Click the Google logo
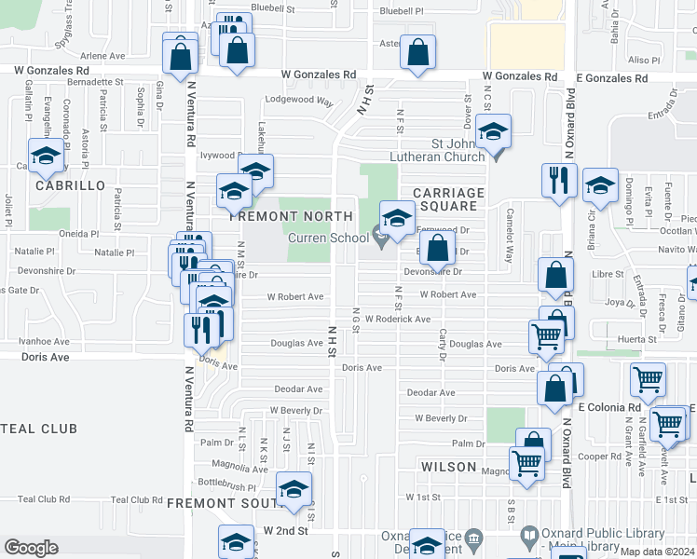point(31,548)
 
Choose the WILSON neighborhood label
point(448,466)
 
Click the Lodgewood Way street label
point(299,100)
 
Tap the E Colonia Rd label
point(608,407)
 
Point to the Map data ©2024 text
point(656,551)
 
